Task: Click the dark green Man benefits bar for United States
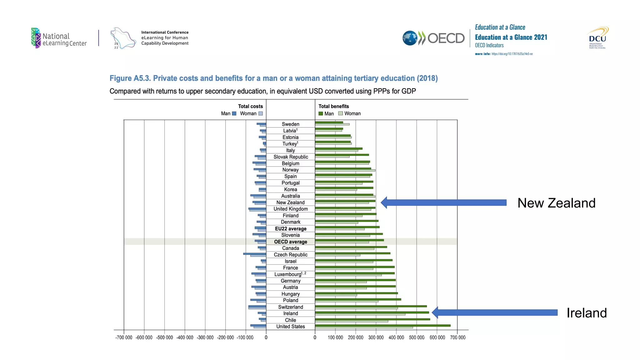coord(382,325)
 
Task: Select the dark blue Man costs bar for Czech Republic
coord(254,253)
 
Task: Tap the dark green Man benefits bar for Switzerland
coord(371,306)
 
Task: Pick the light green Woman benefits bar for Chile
coord(351,321)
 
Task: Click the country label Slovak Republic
coord(291,157)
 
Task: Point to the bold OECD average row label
coord(291,242)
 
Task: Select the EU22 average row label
coord(291,228)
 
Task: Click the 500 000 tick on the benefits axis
coord(417,337)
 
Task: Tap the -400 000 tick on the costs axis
coord(185,337)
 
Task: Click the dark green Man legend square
coord(321,113)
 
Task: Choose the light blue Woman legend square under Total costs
coord(261,113)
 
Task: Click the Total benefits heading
coord(333,106)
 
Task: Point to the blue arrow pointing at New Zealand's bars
coord(444,202)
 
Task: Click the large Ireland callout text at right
coord(587,313)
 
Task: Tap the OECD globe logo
coord(410,38)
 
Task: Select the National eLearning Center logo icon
coord(36,38)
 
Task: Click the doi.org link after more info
coord(512,54)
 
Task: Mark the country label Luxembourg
coord(288,274)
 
